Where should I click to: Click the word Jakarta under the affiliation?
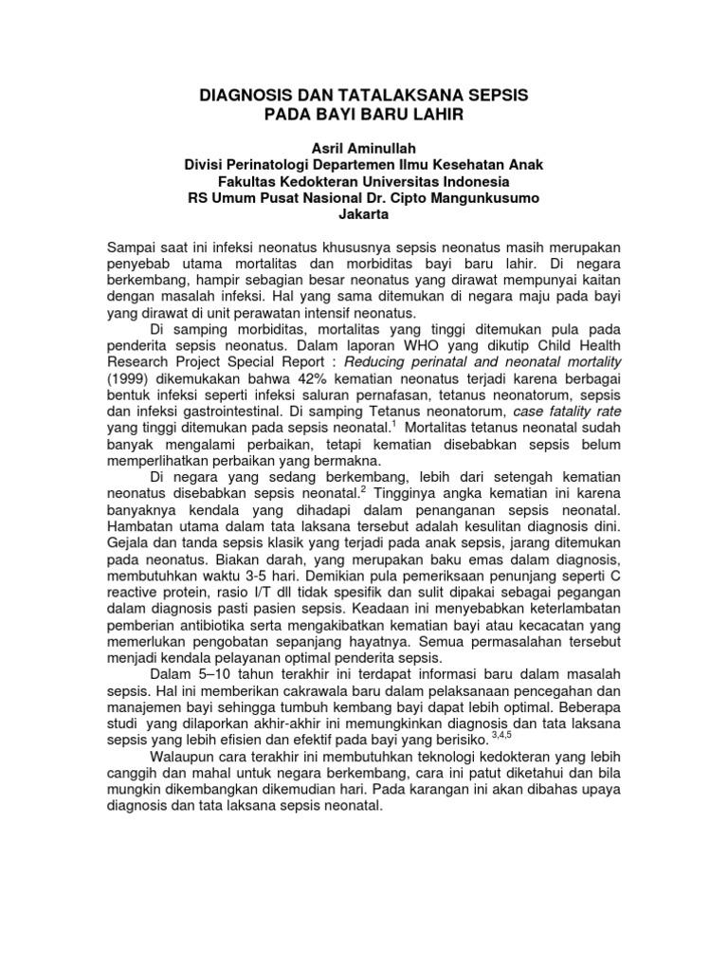pyautogui.click(x=364, y=213)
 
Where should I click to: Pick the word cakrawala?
pyautogui.click(x=307, y=689)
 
